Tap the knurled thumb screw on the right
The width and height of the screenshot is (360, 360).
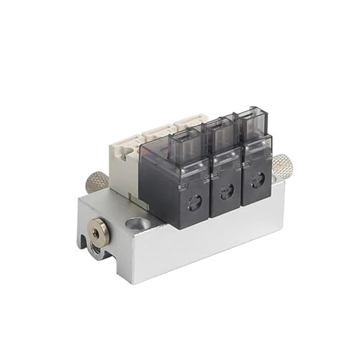(282, 167)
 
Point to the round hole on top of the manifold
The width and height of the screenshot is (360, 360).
(142, 224)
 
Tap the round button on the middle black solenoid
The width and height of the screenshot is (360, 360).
(226, 190)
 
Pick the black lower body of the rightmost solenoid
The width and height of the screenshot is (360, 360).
(257, 180)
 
